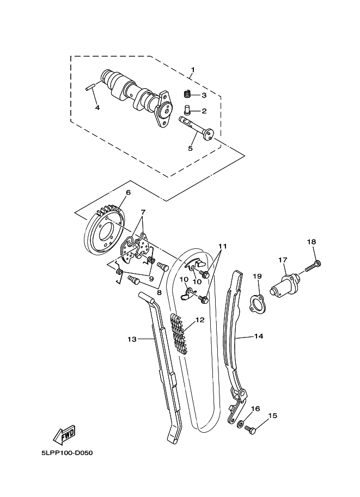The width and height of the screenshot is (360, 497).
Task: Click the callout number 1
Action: coord(192,70)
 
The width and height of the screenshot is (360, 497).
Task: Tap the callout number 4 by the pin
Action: coord(97,107)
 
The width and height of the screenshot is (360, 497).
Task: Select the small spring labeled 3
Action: coord(186,94)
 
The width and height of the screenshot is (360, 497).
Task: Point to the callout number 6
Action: coord(129,192)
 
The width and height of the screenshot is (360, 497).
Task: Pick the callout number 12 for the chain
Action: coord(199,320)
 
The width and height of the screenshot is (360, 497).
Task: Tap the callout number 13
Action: coord(131,339)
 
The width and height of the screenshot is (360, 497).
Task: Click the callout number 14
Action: coord(258,336)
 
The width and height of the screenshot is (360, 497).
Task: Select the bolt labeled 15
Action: coord(251,430)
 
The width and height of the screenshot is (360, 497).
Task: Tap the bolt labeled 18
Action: coord(314,266)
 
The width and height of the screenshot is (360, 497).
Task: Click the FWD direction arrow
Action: coord(64,434)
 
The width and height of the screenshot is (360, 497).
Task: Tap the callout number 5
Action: coord(191,148)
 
